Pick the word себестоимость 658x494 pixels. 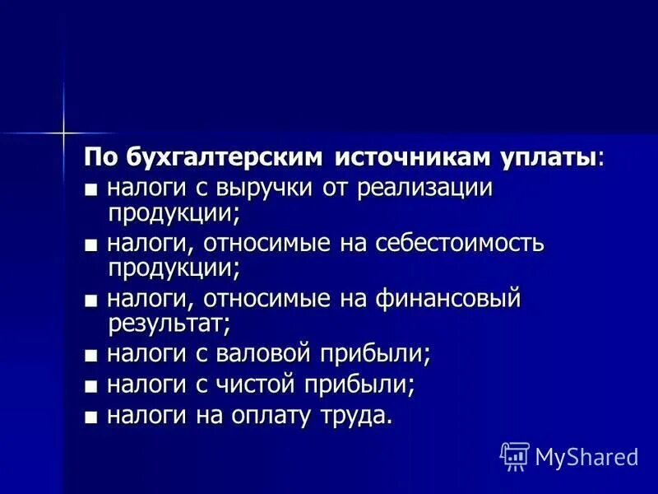[461, 244]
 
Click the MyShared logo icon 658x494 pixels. [514, 455]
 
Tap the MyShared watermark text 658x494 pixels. [586, 456]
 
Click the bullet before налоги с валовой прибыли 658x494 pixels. [90, 357]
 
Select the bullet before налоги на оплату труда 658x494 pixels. [90, 417]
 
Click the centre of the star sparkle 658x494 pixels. [62, 132]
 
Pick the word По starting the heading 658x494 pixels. [102, 157]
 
